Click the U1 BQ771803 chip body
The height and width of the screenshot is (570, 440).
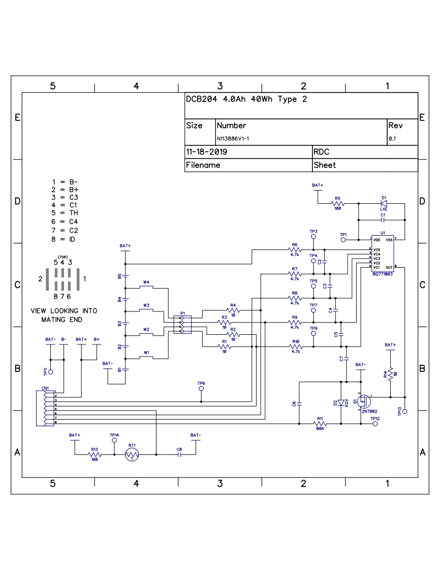(x=383, y=254)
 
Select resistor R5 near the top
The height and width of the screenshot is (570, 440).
(x=337, y=204)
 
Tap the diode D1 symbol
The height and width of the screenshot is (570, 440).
(x=384, y=204)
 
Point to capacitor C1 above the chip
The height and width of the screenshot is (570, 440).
(x=383, y=220)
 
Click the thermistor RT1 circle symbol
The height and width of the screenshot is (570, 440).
(x=132, y=455)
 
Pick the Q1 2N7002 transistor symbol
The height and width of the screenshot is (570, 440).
(x=364, y=401)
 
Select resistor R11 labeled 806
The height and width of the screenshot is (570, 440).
(x=320, y=423)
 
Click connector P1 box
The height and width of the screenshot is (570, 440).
(x=182, y=325)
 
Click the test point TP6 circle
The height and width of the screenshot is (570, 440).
(x=201, y=389)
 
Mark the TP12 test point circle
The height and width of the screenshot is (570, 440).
(x=375, y=423)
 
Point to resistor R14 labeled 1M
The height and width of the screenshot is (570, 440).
(x=391, y=374)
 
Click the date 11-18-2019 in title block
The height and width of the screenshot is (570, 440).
(x=207, y=152)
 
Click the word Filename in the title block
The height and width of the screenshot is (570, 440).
(x=203, y=165)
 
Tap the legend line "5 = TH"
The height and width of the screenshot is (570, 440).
(x=65, y=213)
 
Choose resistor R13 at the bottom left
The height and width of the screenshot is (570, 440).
(x=94, y=455)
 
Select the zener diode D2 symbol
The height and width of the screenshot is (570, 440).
(x=341, y=402)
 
